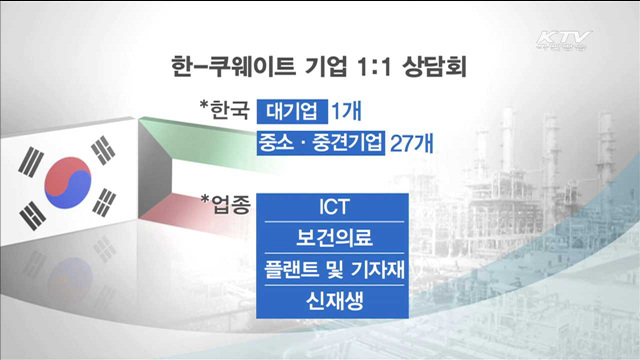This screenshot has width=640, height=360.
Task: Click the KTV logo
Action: (562, 41)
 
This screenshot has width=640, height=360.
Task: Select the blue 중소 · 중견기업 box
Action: (320, 142)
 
